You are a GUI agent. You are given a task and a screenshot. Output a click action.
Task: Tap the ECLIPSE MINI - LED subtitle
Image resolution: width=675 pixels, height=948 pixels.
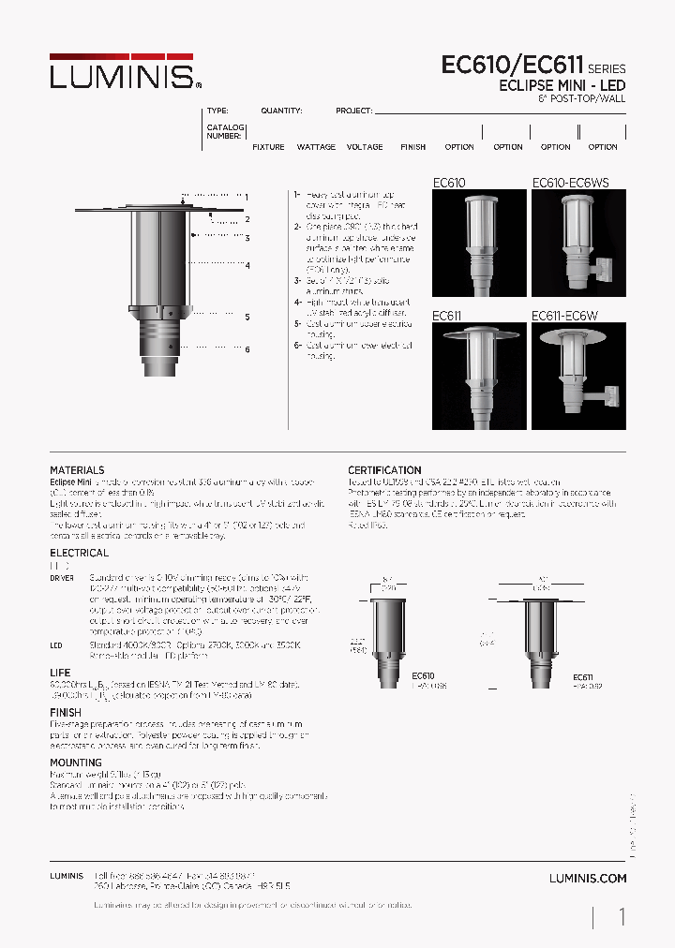(562, 85)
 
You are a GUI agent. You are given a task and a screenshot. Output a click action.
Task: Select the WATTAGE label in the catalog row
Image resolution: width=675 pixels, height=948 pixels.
(316, 147)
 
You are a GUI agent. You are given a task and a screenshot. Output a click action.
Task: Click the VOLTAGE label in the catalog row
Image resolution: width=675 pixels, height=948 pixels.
(365, 147)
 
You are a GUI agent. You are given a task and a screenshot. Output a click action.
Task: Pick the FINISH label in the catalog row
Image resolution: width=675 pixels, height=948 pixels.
(412, 147)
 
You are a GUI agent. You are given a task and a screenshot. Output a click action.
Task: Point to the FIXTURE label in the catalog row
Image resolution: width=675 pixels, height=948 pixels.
(268, 147)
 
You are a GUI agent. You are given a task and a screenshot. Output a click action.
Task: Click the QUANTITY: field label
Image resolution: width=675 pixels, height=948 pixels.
(281, 111)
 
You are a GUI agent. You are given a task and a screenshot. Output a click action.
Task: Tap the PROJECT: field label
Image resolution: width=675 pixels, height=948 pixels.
(354, 111)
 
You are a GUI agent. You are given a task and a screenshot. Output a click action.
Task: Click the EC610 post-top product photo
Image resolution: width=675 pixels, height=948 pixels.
(478, 243)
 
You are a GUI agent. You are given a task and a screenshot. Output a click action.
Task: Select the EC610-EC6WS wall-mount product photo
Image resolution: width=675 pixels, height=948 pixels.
(577, 243)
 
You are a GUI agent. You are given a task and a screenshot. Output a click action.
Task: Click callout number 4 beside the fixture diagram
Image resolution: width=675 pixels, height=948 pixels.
(247, 266)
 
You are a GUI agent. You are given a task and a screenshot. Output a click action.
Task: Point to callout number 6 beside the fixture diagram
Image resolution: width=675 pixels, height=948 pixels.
(247, 349)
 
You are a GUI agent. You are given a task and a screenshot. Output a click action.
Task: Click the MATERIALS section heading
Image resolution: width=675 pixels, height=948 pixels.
(77, 470)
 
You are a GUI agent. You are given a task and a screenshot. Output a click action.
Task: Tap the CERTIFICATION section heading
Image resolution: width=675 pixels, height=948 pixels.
(384, 470)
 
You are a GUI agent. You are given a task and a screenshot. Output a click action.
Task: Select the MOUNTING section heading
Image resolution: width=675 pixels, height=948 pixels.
(75, 763)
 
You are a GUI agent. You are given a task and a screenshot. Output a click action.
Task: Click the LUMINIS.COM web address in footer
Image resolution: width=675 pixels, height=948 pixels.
(588, 878)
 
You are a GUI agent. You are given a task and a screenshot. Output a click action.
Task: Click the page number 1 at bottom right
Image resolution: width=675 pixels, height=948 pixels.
(622, 917)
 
